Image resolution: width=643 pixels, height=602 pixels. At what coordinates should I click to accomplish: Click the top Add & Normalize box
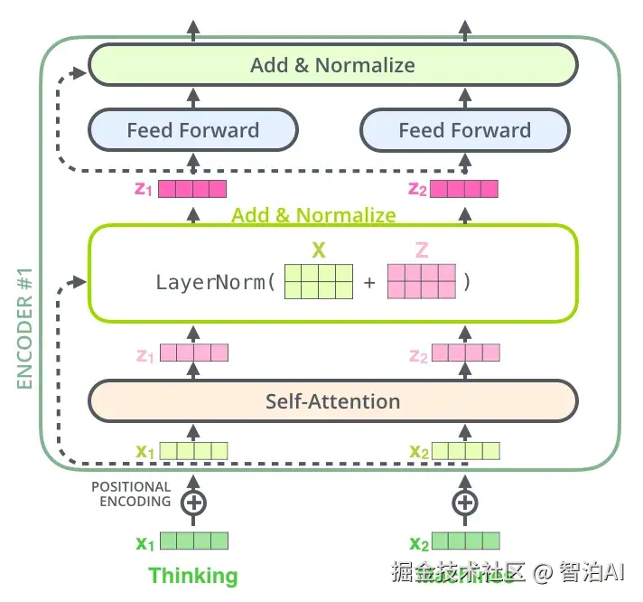click(332, 65)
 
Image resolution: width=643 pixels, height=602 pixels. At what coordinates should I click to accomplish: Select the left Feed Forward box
click(192, 130)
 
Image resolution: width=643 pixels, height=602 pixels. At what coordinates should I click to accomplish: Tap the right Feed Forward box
click(465, 130)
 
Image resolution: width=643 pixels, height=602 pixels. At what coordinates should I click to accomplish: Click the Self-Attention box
click(332, 401)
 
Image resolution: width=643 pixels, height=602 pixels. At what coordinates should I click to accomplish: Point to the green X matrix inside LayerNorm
click(319, 282)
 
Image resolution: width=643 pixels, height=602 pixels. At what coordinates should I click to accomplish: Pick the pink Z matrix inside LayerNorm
click(422, 282)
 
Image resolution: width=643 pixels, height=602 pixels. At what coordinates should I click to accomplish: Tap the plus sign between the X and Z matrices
click(369, 283)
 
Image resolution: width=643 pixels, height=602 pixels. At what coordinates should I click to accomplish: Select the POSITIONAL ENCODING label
click(131, 493)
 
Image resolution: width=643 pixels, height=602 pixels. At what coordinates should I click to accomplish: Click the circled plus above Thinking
click(193, 503)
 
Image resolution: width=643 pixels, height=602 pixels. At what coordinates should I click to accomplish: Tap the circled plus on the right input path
click(465, 503)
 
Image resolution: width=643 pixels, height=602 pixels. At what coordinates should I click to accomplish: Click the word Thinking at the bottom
click(193, 576)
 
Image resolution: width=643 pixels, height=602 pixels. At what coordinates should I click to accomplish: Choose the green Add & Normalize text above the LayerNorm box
click(313, 215)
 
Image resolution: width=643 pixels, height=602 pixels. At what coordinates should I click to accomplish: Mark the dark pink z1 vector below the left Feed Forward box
click(192, 189)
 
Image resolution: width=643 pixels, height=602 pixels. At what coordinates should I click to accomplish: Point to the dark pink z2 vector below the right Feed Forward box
click(464, 189)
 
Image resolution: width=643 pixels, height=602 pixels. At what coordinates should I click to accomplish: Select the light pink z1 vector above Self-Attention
click(193, 354)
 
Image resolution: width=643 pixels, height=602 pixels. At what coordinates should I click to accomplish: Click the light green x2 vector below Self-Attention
click(464, 450)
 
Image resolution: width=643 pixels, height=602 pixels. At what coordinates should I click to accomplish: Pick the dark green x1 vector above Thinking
click(193, 541)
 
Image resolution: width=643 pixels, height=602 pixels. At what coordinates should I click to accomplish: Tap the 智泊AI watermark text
click(592, 572)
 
